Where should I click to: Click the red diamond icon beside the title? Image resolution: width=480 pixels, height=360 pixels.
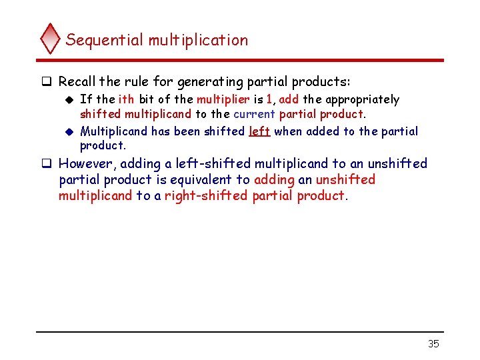(51, 39)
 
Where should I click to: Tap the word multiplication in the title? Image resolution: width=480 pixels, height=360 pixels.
(198, 40)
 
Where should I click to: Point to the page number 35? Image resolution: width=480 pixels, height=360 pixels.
(433, 344)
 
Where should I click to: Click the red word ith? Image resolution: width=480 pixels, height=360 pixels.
(126, 99)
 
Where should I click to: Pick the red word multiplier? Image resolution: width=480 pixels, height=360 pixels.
(222, 99)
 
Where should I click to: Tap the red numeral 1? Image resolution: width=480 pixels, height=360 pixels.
(269, 99)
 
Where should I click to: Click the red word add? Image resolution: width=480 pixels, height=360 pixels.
(289, 99)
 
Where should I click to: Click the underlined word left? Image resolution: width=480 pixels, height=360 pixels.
(259, 131)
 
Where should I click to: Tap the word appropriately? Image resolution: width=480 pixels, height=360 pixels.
(363, 100)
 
